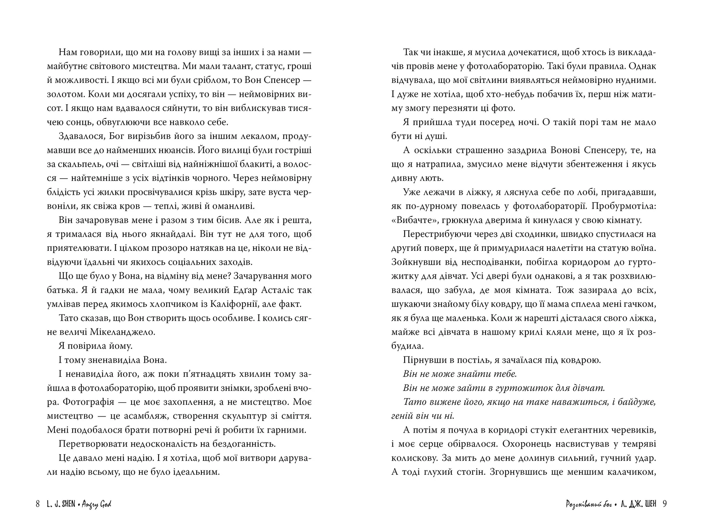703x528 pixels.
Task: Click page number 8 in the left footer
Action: point(38,504)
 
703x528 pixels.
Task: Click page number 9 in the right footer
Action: point(665,504)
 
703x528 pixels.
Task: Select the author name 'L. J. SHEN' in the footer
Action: point(61,504)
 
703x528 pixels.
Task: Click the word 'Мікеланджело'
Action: point(122,332)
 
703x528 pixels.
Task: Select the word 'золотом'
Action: point(66,94)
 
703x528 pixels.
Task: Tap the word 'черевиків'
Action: point(632,430)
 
